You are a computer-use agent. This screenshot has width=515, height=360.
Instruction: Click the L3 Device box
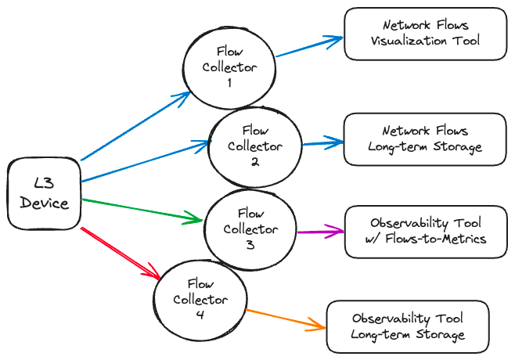pos(44,194)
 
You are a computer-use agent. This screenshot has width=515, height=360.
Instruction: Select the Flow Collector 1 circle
pos(229,68)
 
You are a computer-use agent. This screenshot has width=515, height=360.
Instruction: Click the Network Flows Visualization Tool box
pos(425,34)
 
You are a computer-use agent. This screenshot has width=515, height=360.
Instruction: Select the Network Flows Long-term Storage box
pos(425,139)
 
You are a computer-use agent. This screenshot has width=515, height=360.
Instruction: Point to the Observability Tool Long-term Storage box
pos(408,326)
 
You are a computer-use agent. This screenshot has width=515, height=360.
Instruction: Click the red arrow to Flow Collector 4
pos(121,252)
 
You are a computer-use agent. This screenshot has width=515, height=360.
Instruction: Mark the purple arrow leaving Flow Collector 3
pos(320,231)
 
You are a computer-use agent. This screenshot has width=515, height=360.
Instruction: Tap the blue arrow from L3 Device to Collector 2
pos(145,161)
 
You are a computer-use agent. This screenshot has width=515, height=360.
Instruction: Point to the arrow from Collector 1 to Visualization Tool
pos(309,46)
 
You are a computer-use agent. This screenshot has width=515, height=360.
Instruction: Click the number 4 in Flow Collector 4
pos(200,315)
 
